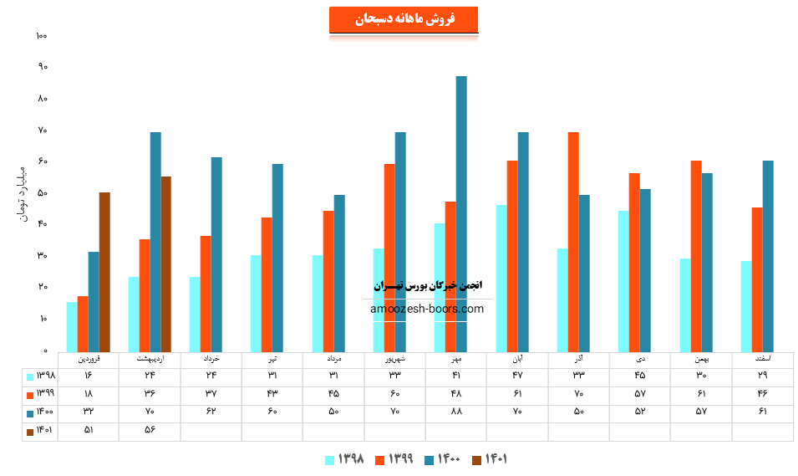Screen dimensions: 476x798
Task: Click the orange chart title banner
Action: click(404, 20)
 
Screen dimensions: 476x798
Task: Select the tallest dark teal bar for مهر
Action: click(461, 213)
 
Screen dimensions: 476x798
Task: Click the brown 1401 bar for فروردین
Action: click(104, 272)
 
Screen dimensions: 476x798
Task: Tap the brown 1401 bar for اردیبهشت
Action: click(166, 264)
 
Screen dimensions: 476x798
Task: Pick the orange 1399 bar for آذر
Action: click(573, 242)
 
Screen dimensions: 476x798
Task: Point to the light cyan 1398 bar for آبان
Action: click(501, 278)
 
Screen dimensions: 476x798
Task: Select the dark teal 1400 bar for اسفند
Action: click(768, 256)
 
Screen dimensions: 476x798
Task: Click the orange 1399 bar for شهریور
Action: click(389, 258)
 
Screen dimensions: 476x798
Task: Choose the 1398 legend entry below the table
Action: click(343, 459)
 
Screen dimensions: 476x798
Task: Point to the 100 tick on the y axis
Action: click(42, 36)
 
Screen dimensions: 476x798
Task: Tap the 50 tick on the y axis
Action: click(42, 193)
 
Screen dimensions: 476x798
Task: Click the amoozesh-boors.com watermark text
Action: click(427, 309)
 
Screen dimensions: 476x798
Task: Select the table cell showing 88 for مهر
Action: click(456, 412)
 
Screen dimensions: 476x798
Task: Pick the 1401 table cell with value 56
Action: click(150, 431)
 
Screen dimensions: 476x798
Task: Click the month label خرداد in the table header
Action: click(211, 359)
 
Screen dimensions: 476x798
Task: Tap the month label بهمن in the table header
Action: click(701, 359)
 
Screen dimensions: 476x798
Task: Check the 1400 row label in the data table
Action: click(40, 412)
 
